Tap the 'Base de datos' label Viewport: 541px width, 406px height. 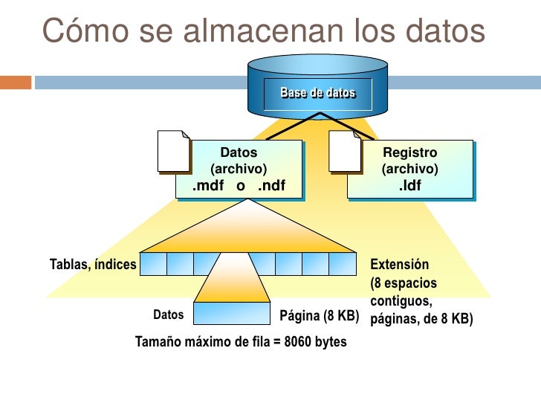click(317, 94)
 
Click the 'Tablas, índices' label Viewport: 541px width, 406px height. click(93, 264)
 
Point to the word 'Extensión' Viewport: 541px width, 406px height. click(400, 264)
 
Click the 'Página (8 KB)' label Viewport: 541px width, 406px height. click(319, 315)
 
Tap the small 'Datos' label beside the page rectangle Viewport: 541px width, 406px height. click(168, 315)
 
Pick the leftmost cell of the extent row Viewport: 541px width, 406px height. click(152, 264)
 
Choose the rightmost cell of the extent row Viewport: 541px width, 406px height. click(343, 264)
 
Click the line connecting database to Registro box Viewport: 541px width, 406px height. click(348, 127)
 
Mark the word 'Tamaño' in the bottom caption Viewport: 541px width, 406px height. click(158, 343)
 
